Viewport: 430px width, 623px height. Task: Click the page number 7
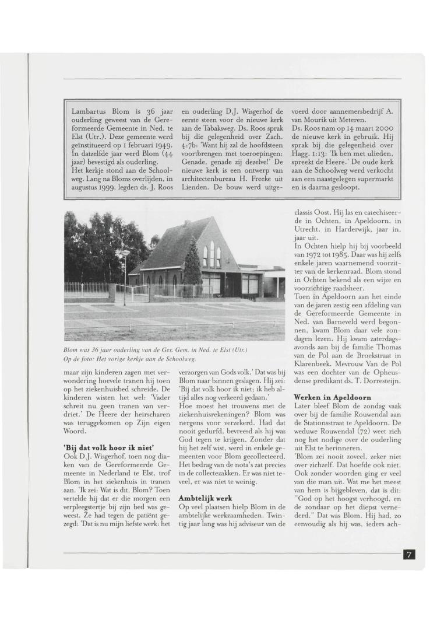click(410, 554)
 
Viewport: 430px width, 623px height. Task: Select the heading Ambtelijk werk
click(202, 498)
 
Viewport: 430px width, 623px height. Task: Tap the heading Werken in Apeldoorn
click(332, 397)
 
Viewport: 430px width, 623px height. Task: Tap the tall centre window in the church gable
click(212, 253)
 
